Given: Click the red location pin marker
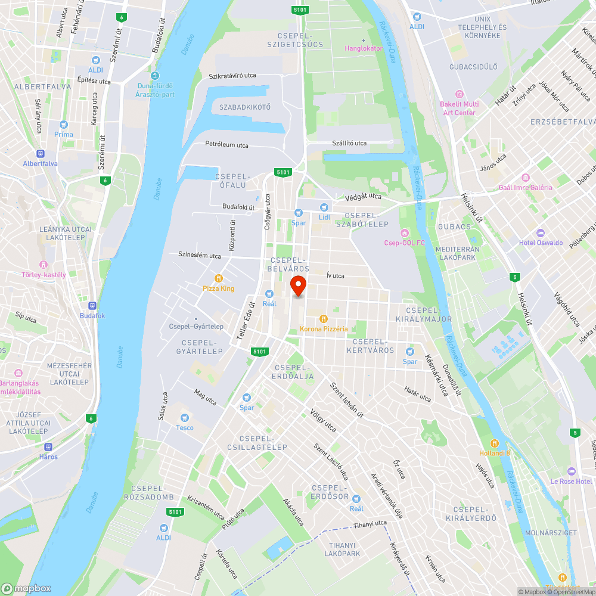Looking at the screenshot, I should click(298, 285).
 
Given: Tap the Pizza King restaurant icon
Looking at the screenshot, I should click(219, 278).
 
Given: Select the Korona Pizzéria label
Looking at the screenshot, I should click(324, 329).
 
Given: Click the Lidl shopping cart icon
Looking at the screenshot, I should click(324, 207).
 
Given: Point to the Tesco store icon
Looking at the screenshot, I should click(184, 417).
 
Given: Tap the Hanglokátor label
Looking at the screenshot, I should click(364, 48).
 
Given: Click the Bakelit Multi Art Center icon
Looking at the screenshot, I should click(459, 94).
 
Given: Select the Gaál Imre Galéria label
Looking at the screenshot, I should click(526, 187).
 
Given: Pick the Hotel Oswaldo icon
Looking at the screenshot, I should click(541, 232).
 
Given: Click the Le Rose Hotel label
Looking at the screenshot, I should click(571, 481).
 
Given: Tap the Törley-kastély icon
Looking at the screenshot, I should click(43, 265).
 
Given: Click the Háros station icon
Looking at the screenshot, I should click(48, 446).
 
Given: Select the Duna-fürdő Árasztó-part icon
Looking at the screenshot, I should click(154, 76).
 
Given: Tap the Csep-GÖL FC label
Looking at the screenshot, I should click(405, 243).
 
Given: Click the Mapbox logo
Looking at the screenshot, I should click(26, 588).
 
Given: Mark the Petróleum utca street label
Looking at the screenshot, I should click(226, 145).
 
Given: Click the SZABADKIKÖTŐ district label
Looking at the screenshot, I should click(245, 107).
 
